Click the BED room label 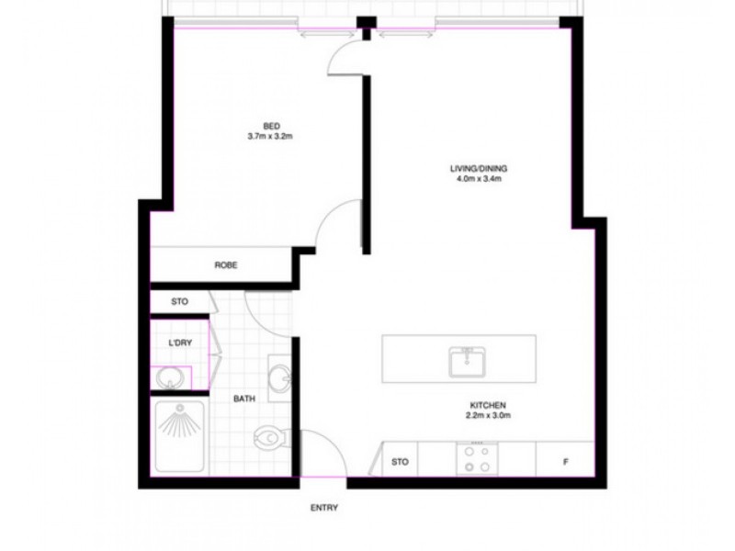271,126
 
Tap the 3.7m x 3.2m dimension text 271,137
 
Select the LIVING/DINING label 479,169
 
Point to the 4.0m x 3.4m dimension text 479,180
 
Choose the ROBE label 226,265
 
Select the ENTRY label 324,507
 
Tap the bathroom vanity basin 281,376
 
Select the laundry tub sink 169,377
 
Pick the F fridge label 565,461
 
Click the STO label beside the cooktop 400,461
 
